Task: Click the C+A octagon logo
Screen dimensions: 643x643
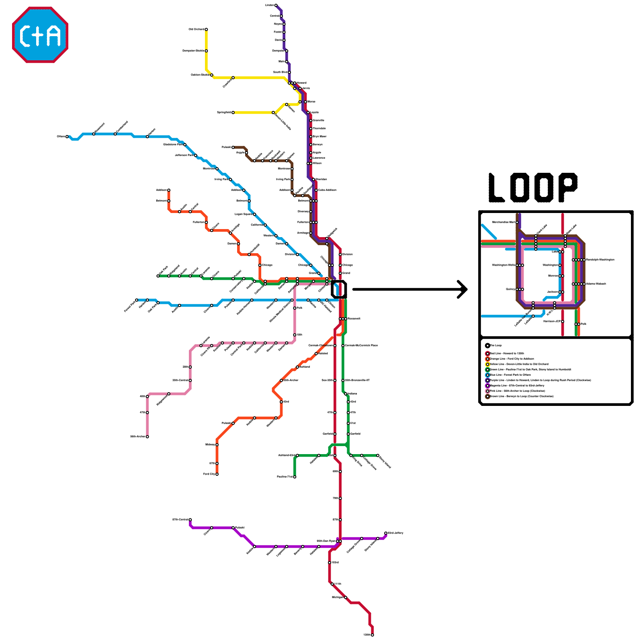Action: [40, 35]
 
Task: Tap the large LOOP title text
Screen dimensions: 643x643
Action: [533, 188]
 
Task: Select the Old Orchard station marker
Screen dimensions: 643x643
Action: [206, 29]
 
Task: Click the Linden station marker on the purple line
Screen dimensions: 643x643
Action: [276, 5]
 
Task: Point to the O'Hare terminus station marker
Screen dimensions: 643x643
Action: [67, 137]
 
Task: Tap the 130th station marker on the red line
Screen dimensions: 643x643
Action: [373, 635]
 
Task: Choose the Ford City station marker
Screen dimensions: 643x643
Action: [217, 474]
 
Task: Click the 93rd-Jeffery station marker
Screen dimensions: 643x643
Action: [386, 533]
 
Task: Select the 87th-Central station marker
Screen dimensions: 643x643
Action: [190, 520]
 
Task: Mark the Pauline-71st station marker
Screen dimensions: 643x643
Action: [295, 477]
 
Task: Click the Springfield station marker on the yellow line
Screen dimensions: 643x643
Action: [233, 113]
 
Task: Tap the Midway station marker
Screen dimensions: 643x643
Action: [217, 445]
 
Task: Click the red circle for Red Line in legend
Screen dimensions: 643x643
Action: [487, 354]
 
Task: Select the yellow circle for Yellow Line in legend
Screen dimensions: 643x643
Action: [487, 364]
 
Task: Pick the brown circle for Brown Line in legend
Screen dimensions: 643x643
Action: [487, 396]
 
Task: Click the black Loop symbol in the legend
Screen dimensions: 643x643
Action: [487, 346]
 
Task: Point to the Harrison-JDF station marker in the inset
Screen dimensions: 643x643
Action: [563, 321]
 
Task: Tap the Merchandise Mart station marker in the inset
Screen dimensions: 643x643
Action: [517, 222]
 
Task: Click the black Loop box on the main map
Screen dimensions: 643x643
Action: [339, 289]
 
